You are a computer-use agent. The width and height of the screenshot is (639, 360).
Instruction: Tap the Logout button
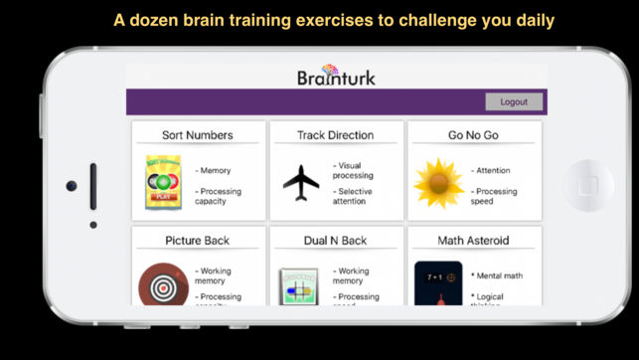[x=514, y=101]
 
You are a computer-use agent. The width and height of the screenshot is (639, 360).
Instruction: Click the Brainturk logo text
[x=336, y=76]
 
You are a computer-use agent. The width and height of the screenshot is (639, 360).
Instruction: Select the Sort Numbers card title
[x=198, y=134]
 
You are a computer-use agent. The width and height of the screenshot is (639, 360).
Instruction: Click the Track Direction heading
[x=336, y=134]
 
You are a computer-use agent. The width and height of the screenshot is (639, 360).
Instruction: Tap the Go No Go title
[x=474, y=134]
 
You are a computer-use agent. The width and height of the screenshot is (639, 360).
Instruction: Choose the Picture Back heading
[x=198, y=240]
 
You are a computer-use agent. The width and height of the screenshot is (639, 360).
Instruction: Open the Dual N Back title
[x=336, y=240]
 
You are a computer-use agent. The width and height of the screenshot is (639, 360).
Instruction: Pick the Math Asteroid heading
[x=474, y=240]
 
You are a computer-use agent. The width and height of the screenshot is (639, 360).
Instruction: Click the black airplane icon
[x=300, y=182]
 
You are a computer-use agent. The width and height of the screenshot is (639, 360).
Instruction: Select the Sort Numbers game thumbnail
[x=162, y=182]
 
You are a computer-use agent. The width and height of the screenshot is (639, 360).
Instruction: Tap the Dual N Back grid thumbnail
[x=298, y=288]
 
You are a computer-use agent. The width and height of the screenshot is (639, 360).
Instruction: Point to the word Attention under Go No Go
[x=494, y=170]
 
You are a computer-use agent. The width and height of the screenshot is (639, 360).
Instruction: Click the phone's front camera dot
[x=72, y=186]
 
